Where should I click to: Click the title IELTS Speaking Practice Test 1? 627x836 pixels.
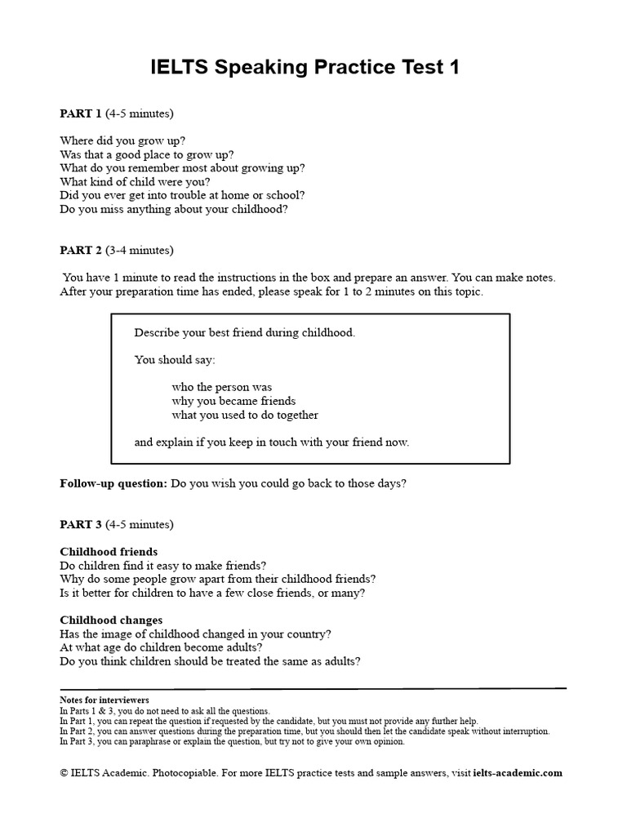(305, 68)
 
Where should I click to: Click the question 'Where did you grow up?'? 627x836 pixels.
(122, 140)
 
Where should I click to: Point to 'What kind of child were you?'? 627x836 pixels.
(135, 182)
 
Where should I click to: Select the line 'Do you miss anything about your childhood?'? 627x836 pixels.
(174, 209)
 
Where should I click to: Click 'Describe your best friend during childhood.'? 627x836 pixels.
(245, 332)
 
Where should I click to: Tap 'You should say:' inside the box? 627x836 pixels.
(175, 360)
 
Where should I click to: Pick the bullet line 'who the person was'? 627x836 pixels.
(222, 387)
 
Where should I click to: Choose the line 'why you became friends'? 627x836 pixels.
(233, 401)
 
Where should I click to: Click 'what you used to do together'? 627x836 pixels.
(245, 415)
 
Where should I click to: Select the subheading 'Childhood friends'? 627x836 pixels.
(109, 552)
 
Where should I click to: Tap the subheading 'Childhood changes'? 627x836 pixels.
(111, 620)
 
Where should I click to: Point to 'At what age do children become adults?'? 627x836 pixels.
(162, 647)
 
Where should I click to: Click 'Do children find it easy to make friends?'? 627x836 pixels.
(163, 565)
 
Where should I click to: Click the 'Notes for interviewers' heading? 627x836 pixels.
(104, 700)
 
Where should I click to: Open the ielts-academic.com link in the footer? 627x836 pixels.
(518, 772)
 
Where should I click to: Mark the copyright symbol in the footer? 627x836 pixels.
(64, 772)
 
